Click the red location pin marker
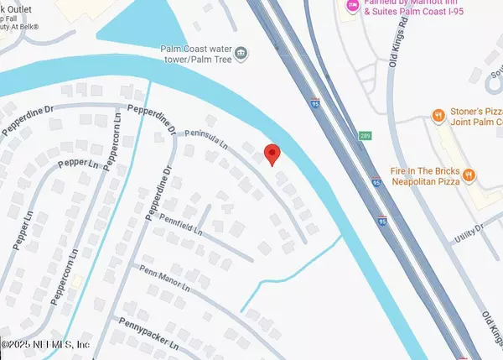coord(271,154)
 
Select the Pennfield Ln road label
coord(182,224)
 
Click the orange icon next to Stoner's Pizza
coord(437,115)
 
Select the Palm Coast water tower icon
coord(241,55)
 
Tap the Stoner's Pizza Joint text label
coord(473,116)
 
